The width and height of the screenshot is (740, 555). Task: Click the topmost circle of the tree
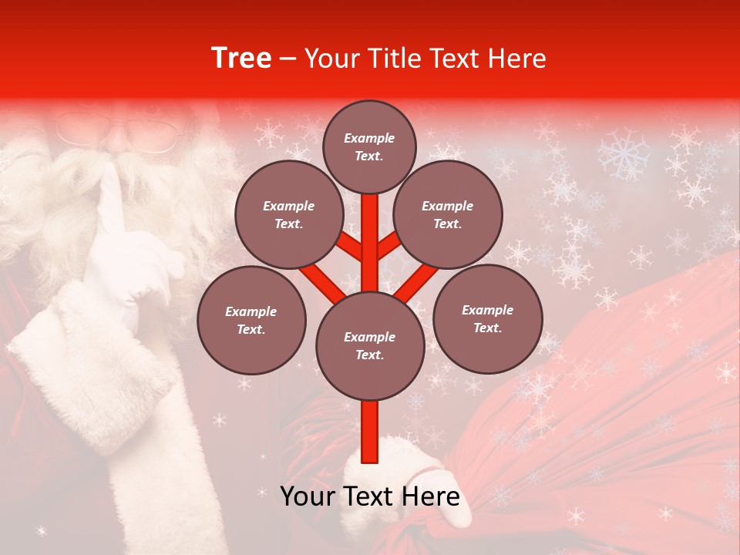point(369,146)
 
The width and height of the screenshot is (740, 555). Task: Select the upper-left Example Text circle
point(288,215)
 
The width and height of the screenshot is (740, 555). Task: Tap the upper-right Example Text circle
point(448,215)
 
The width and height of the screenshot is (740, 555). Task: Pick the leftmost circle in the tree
point(251,320)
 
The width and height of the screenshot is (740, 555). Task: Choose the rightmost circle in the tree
point(488,318)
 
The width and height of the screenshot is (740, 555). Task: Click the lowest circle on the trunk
point(370,346)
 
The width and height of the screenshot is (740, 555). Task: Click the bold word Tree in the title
point(241,59)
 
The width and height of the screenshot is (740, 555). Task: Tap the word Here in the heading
point(517,59)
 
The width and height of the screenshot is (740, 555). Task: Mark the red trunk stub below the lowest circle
point(370,432)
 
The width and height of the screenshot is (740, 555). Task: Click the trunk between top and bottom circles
point(370,247)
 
